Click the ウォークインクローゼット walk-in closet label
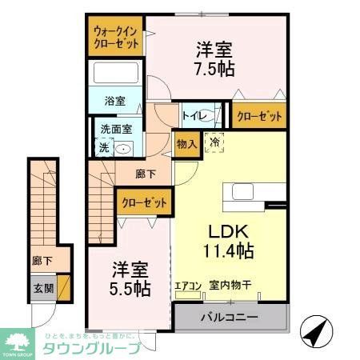(x=116, y=37)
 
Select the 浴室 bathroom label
(x=116, y=102)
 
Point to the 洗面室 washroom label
(x=115, y=128)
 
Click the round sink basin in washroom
(x=123, y=148)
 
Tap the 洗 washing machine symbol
(x=102, y=147)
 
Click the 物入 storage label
(x=186, y=145)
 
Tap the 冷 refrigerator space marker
(x=214, y=142)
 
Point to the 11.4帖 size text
(x=227, y=251)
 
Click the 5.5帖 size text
(x=130, y=289)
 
